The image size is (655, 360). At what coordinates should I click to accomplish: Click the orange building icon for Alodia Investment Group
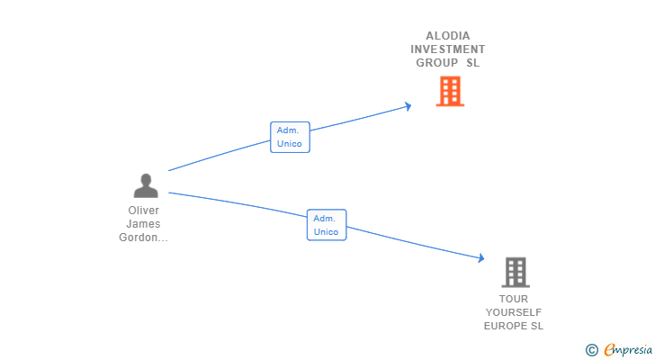tap(450, 91)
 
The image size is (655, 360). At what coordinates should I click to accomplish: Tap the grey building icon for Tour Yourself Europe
tap(516, 272)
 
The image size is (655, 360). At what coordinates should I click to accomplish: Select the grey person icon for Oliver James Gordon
tap(146, 185)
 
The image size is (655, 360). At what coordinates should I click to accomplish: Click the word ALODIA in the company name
tap(448, 36)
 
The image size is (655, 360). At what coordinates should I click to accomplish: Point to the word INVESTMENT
tap(448, 49)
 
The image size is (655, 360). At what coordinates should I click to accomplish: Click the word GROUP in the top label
tap(436, 63)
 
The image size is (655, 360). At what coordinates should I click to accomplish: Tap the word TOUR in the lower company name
tap(514, 299)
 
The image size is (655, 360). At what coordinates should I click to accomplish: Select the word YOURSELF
tap(514, 312)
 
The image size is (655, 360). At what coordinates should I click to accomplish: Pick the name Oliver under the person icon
tap(144, 211)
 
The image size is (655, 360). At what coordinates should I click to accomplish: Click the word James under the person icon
tap(144, 224)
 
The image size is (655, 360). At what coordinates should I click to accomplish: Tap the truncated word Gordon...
tap(144, 238)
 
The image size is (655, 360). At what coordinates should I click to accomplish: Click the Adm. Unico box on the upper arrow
tap(290, 137)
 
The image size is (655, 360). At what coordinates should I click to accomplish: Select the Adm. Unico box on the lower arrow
tap(327, 225)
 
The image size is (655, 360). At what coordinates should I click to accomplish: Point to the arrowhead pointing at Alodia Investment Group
tap(408, 106)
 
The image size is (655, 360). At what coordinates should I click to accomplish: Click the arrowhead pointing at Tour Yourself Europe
tap(480, 258)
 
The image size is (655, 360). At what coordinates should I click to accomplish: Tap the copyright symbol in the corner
tap(592, 349)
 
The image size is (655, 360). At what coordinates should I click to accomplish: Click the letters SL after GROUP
tap(473, 63)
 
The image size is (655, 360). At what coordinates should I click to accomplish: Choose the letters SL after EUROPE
tap(537, 326)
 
